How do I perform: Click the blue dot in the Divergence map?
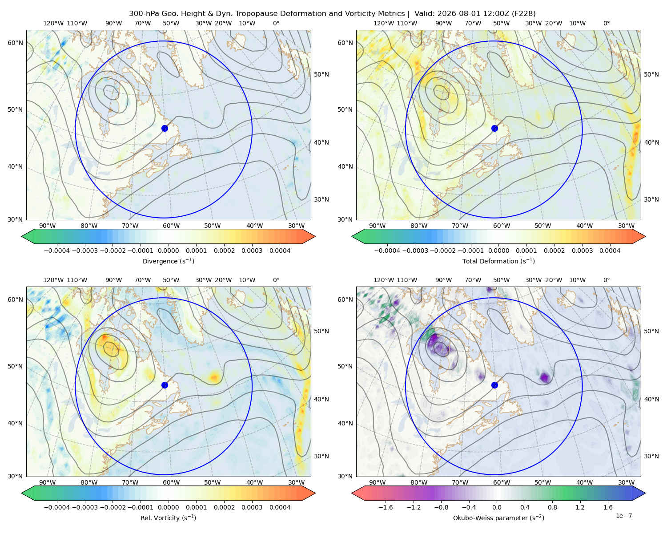tap(165, 128)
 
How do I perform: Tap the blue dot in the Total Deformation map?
tap(494, 128)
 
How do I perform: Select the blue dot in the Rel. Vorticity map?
tap(165, 385)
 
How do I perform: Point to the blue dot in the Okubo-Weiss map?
tap(494, 385)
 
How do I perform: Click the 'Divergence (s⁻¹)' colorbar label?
tap(168, 261)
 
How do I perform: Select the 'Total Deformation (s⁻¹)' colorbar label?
tap(498, 261)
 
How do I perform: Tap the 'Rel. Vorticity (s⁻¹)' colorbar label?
tap(168, 518)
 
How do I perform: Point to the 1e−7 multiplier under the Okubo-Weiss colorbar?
tap(623, 516)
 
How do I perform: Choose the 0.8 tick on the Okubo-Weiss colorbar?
tap(552, 507)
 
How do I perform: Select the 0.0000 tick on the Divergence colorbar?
tap(168, 251)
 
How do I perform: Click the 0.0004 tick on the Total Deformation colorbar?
tap(610, 251)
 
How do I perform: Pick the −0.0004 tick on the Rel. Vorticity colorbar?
tap(57, 507)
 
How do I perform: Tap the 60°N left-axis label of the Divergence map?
tap(15, 43)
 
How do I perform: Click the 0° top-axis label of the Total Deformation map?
tap(606, 23)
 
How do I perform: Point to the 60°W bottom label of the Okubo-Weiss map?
tap(502, 482)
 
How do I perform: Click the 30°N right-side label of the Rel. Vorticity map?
tap(321, 456)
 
